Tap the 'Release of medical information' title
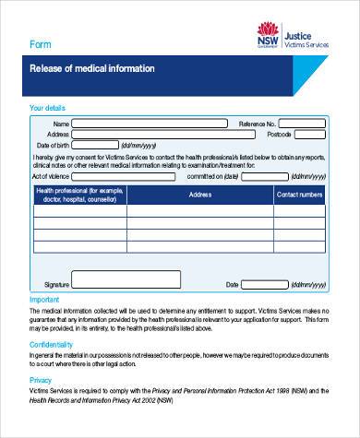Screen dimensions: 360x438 tap(92, 69)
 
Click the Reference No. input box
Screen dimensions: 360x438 tap(301, 124)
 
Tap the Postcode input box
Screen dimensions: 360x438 tap(309, 135)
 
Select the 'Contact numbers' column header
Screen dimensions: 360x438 tap(299, 195)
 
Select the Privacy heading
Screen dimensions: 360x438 tap(41, 379)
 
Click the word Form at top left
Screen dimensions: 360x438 tap(41, 44)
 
